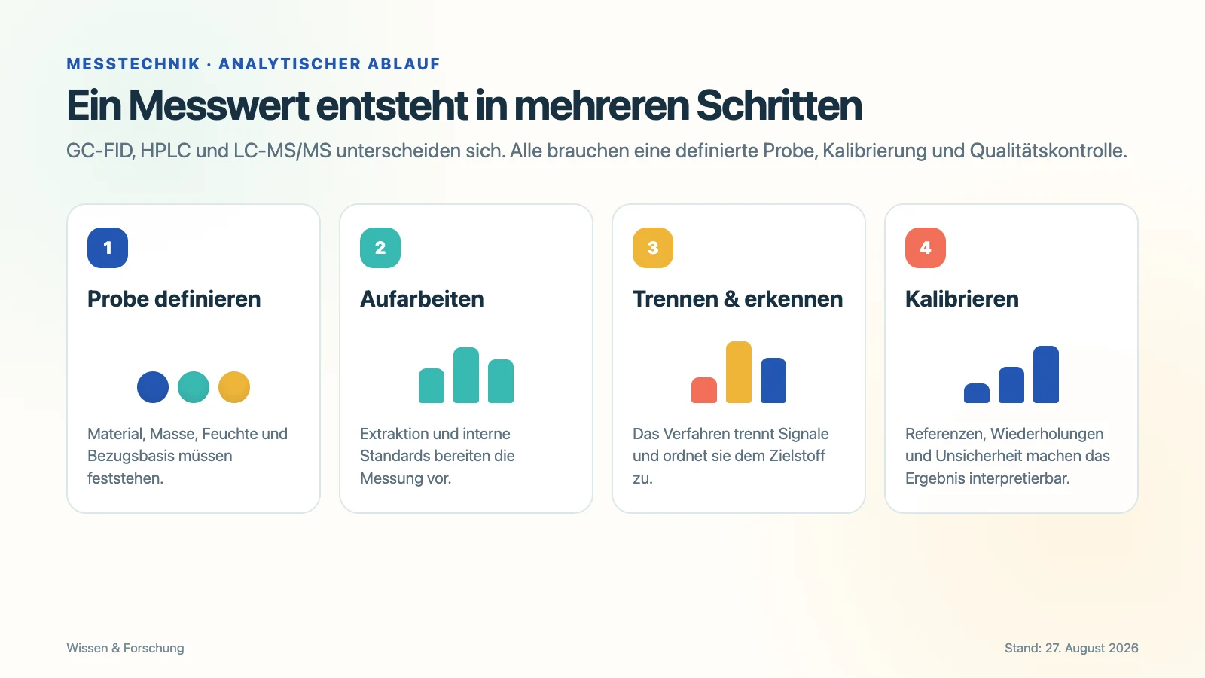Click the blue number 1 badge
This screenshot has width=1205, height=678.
pos(108,248)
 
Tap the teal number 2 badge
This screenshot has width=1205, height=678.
pos(380,248)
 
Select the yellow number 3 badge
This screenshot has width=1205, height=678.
pos(653,248)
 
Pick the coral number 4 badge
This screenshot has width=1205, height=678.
pos(926,248)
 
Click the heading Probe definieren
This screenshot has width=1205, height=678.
pos(174,299)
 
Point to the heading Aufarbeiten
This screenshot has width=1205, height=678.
pos(422,299)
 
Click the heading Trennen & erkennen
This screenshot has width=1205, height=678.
pos(737,299)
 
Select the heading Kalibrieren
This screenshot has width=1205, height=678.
pos(962,299)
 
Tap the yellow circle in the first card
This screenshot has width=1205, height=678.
pos(234,387)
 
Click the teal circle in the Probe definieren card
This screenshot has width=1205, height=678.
pos(194,387)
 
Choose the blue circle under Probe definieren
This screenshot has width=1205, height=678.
pos(153,387)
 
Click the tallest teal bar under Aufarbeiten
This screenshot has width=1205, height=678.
pos(466,375)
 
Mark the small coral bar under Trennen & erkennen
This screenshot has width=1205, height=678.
pos(704,390)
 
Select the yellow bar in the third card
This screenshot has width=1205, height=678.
pos(739,372)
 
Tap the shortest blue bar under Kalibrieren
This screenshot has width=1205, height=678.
pos(977,392)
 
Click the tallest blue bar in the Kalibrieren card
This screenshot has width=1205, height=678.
pos(1046,374)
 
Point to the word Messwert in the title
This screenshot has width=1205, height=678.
pos(218,105)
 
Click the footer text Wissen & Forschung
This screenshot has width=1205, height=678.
pos(125,648)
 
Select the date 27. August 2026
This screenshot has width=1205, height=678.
pos(1091,648)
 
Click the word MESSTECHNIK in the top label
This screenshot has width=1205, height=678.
pos(133,63)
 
